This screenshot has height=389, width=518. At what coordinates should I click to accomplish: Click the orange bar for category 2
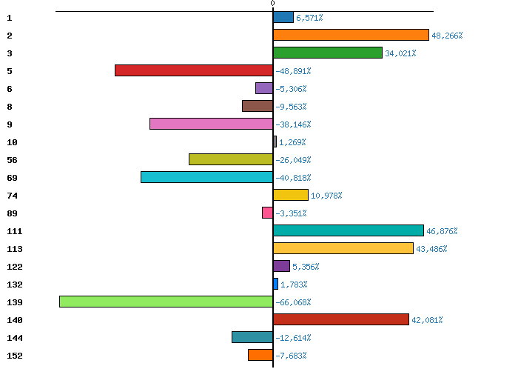click(x=351, y=35)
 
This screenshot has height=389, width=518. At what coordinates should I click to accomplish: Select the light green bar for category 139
click(x=166, y=302)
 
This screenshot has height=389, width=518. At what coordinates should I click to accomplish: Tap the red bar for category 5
click(x=194, y=70)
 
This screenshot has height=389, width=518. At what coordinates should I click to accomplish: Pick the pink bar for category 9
click(x=211, y=124)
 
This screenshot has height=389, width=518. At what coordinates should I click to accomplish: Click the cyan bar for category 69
click(x=206, y=177)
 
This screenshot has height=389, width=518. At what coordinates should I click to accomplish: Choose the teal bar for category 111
click(x=348, y=230)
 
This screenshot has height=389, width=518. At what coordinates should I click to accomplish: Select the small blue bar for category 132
click(x=275, y=284)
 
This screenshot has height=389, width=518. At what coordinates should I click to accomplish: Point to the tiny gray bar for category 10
click(x=275, y=142)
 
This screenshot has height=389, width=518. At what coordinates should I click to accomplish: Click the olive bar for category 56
click(x=231, y=159)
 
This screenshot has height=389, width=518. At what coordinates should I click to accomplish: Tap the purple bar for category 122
click(x=281, y=266)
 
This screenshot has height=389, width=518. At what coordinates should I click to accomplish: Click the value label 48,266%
click(x=447, y=36)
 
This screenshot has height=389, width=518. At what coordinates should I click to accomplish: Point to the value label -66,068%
click(x=293, y=302)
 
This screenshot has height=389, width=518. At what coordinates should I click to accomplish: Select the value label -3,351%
click(x=291, y=213)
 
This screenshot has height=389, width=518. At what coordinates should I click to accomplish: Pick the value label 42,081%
click(x=427, y=320)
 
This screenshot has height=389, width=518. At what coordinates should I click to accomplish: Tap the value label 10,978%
click(x=326, y=196)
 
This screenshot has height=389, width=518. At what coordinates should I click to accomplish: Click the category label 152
click(x=14, y=356)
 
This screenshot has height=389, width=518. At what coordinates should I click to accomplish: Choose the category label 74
click(x=12, y=196)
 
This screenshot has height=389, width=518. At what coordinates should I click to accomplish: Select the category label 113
click(x=14, y=249)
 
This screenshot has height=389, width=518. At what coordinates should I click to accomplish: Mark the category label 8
click(x=9, y=107)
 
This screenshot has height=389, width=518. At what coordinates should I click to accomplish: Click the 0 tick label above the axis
click(x=272, y=4)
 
